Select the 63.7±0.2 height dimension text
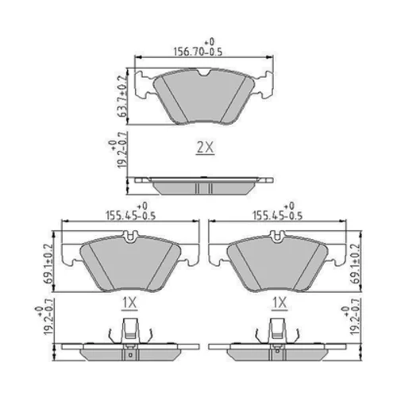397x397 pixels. [x=121, y=96]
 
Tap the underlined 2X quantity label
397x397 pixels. [x=205, y=148]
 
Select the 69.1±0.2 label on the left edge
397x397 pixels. [x=49, y=264]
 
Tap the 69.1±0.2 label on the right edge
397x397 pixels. [x=356, y=264]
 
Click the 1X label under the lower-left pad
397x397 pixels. [x=129, y=303]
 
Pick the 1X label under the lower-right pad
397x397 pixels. [x=279, y=303]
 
